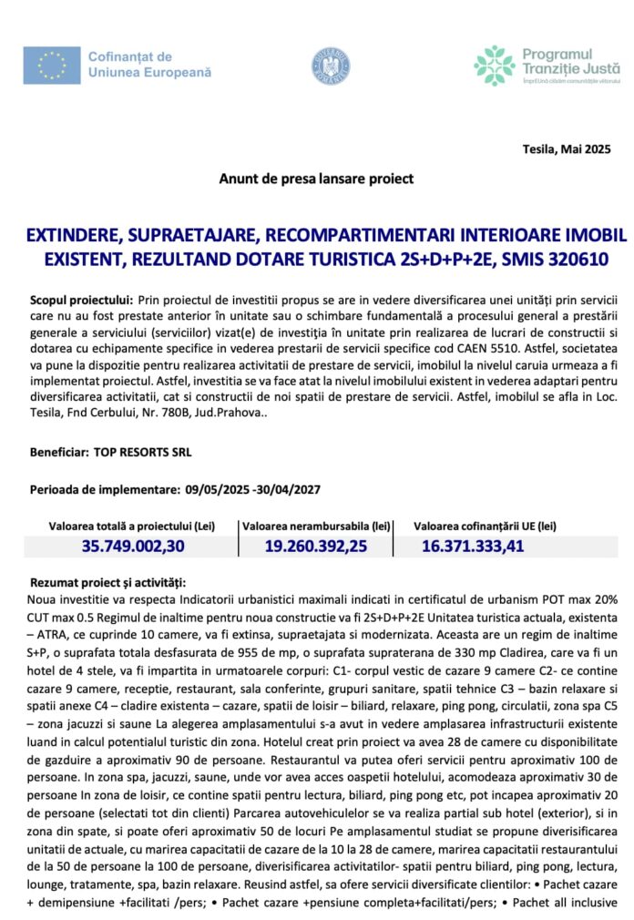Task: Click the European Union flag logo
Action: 53,65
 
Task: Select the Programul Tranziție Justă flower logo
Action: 494,66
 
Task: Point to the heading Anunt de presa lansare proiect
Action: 316,179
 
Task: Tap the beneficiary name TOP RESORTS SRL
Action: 143,452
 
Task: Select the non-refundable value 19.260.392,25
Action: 316,546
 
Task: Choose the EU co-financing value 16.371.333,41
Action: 473,546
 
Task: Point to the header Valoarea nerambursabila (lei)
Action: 316,526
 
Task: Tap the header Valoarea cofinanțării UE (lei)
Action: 485,526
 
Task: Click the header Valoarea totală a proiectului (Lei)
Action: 131,526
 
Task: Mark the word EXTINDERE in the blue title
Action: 77,236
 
